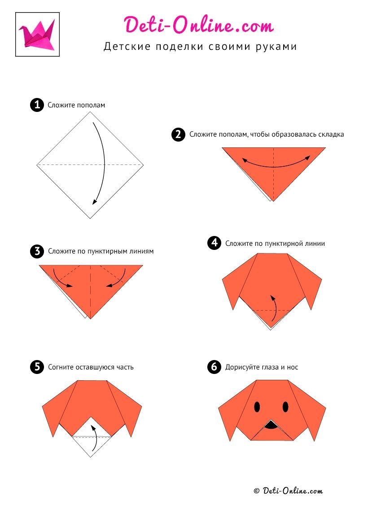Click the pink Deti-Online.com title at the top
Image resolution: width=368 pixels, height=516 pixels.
click(199, 25)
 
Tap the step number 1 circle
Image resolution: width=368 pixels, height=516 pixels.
click(37, 105)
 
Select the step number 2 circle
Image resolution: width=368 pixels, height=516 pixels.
click(179, 134)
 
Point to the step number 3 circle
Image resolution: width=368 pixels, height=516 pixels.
click(37, 251)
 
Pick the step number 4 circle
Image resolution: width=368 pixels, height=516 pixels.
click(214, 243)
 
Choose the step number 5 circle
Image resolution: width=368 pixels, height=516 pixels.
click(37, 367)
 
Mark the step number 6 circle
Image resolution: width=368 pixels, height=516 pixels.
click(214, 367)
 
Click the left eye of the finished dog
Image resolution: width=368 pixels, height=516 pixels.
click(257, 407)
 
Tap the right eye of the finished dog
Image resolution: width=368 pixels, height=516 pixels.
click(285, 407)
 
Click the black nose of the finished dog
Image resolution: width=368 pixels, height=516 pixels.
click(271, 425)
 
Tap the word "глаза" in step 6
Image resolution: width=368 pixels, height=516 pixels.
click(270, 367)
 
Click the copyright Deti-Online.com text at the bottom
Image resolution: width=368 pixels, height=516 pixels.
click(288, 491)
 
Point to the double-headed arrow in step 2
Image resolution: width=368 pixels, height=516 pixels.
click(276, 166)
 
